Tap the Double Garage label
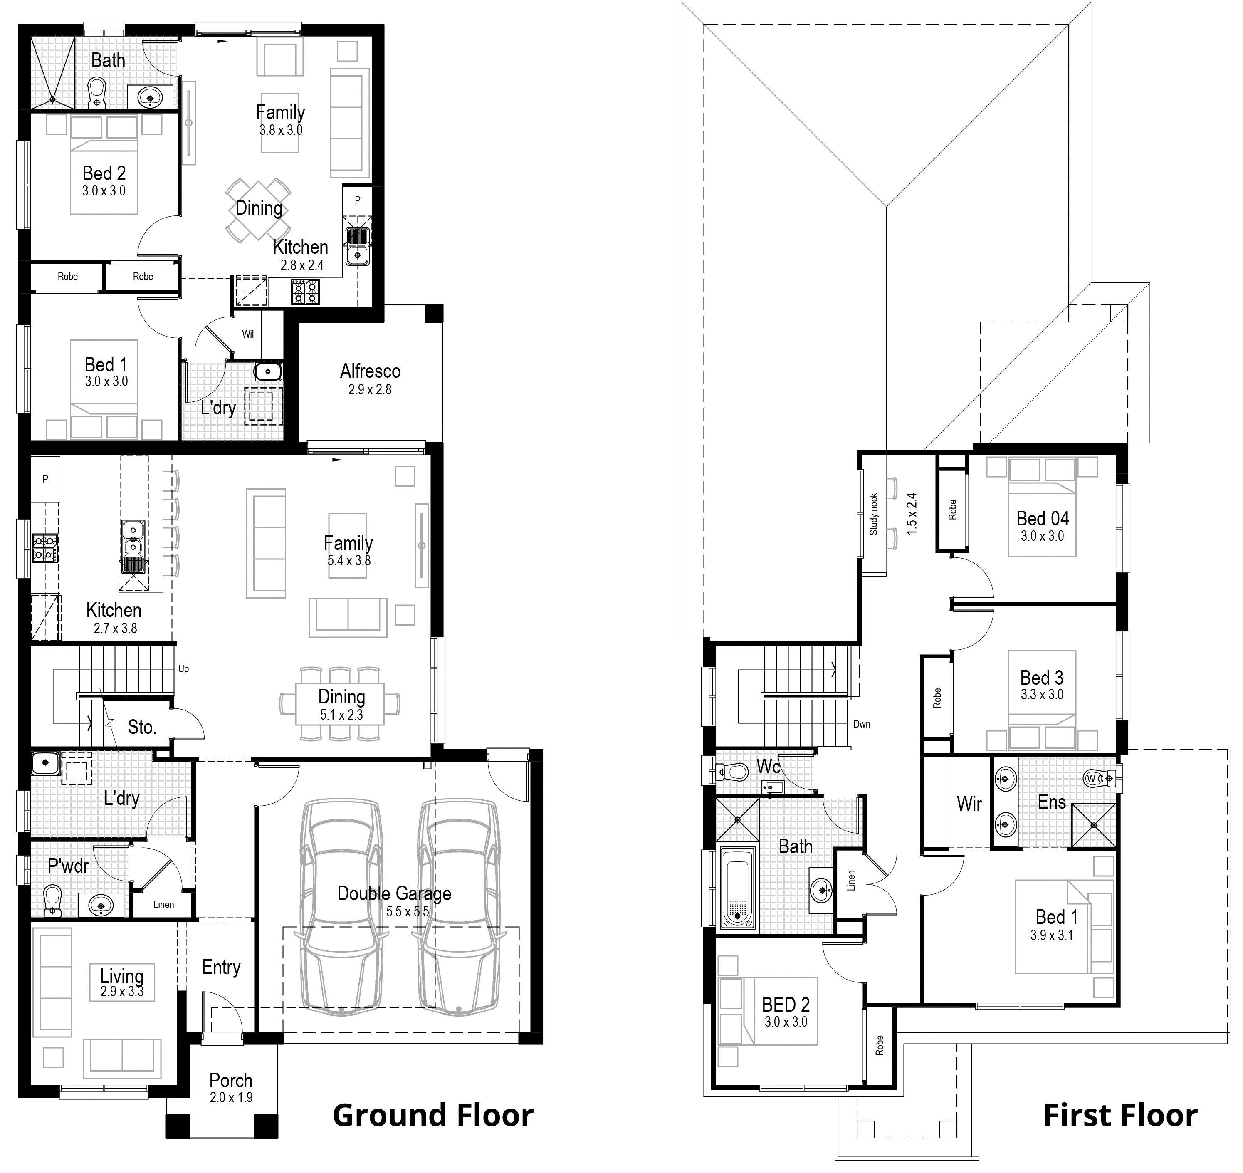point(394,893)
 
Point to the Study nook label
point(873,514)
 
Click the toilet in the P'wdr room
point(53,899)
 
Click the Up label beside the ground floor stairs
point(183,669)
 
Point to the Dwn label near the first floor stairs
point(862,724)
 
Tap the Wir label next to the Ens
point(969,804)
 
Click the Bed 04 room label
point(1042,518)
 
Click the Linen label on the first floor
point(851,881)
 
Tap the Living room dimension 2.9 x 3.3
point(122,992)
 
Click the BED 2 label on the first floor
point(786,1005)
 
